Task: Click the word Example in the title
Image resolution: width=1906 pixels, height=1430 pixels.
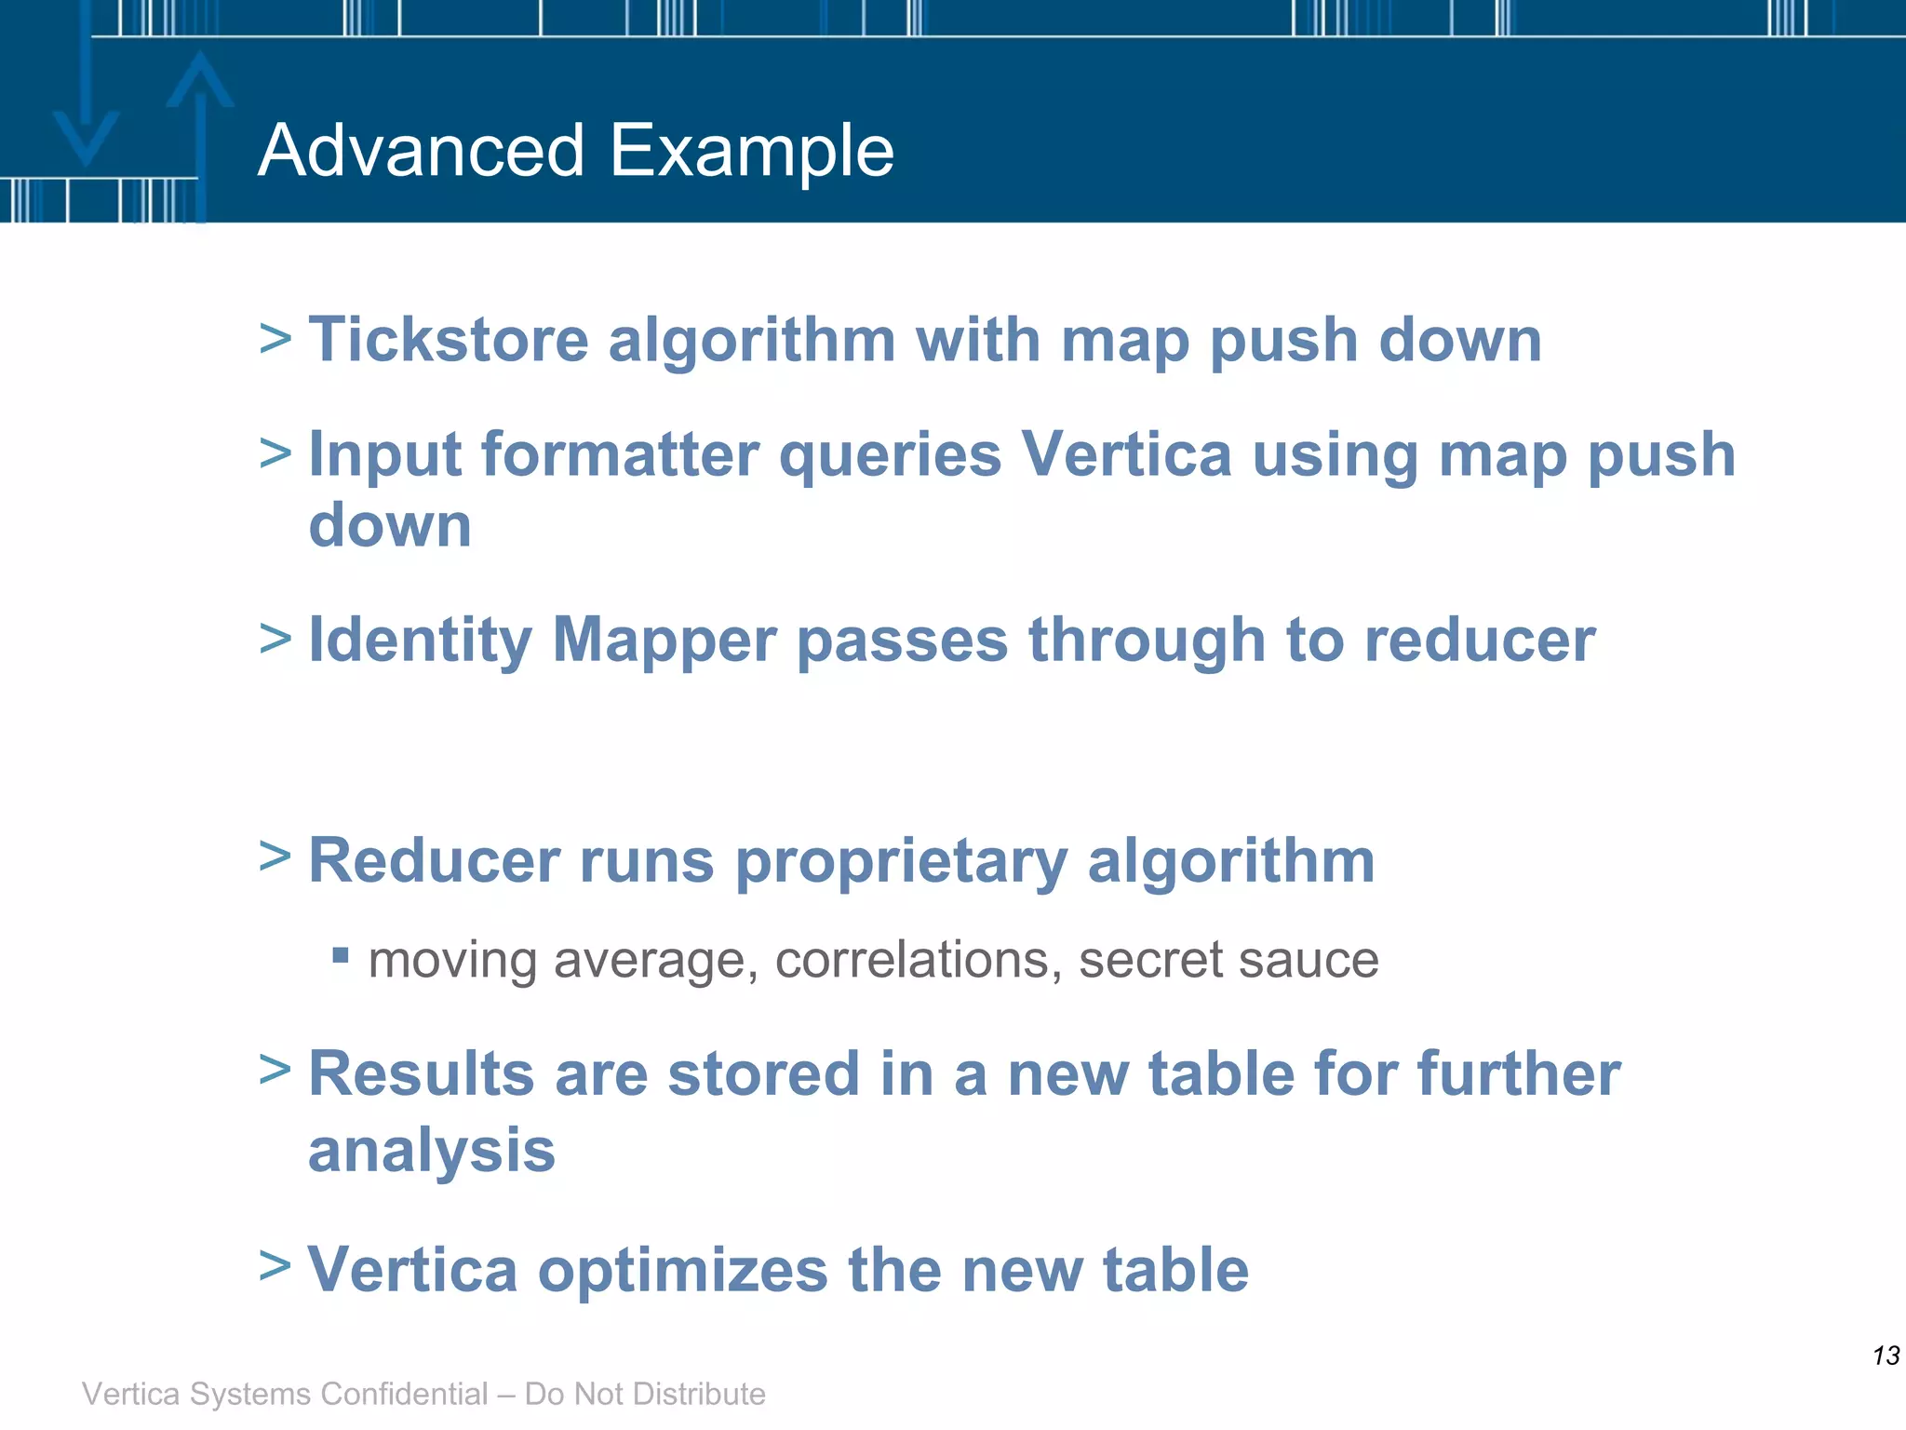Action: [752, 151]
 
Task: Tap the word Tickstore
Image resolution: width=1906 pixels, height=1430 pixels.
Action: [449, 340]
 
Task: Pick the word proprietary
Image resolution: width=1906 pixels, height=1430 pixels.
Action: [901, 862]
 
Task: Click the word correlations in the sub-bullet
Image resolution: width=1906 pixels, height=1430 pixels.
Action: [918, 960]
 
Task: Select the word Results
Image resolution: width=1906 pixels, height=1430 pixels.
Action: [421, 1074]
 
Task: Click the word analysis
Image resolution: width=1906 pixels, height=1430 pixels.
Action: [432, 1152]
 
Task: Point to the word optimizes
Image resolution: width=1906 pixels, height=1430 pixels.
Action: [683, 1271]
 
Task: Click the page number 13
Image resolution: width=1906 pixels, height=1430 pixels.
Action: [1886, 1356]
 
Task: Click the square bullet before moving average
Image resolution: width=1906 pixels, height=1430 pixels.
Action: [341, 954]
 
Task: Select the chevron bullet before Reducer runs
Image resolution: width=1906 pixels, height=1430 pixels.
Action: [275, 856]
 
